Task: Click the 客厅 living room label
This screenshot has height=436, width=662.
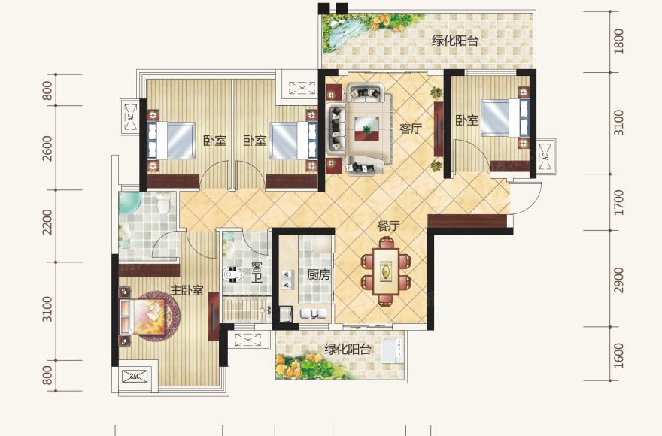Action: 411,128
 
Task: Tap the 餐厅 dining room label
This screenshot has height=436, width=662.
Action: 388,226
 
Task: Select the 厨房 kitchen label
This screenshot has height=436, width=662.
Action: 318,275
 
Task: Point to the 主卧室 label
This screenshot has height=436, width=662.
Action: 187,290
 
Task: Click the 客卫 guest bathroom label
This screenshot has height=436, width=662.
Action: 257,272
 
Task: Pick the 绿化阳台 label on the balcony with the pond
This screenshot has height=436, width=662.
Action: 455,41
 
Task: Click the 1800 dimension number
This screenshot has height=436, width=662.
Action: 618,41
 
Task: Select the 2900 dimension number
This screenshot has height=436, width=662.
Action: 618,280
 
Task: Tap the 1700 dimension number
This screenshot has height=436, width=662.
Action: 618,203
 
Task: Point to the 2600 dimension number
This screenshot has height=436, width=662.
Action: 47,148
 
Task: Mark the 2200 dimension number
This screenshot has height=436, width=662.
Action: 47,222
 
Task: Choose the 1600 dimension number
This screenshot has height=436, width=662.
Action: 618,356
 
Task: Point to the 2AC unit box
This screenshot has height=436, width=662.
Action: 135,376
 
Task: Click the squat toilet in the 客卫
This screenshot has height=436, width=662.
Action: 232,275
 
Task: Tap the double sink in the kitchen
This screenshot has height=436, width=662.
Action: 287,279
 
